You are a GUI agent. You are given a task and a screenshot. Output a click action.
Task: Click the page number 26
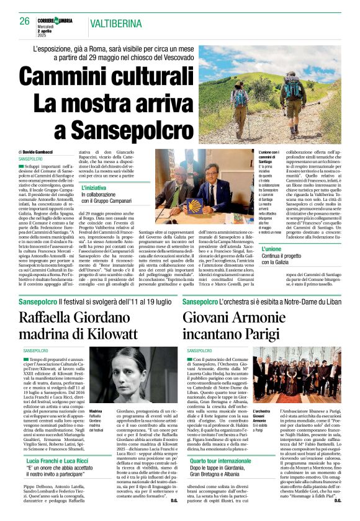click(24, 20)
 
